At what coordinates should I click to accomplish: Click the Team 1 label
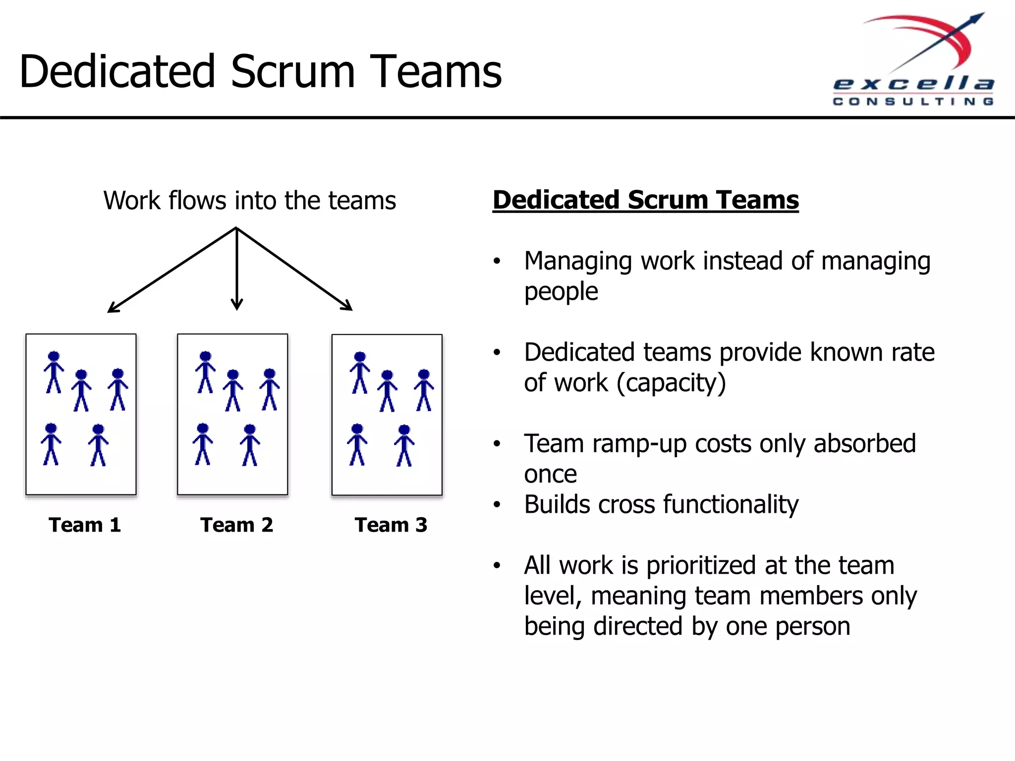pos(85,525)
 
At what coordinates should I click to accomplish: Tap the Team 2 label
pos(236,525)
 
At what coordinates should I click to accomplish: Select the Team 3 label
pos(391,525)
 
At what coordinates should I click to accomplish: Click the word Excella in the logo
pos(913,84)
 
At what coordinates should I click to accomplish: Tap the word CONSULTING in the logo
pos(913,102)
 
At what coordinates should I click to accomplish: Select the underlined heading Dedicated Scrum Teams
pos(645,200)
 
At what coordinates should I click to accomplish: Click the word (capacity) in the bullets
pos(671,383)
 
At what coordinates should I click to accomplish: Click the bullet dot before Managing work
pos(497,261)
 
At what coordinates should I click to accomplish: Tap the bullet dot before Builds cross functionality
pos(497,505)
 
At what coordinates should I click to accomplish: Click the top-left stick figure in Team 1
pos(54,372)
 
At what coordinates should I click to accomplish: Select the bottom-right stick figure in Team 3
pos(404,445)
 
